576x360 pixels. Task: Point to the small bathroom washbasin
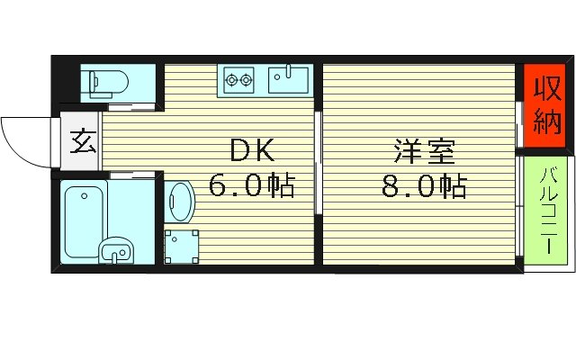tap(114, 251)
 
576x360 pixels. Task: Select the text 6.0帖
tap(252, 186)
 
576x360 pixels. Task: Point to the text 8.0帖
tap(422, 186)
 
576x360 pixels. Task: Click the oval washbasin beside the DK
tap(178, 202)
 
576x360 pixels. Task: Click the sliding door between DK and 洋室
tap(318, 162)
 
